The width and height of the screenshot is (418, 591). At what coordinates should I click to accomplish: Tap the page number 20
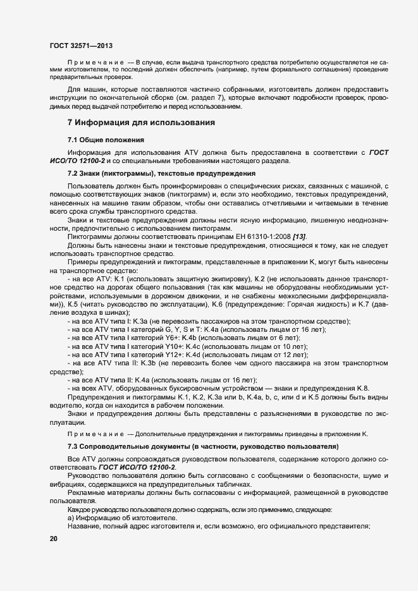pos(53,538)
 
